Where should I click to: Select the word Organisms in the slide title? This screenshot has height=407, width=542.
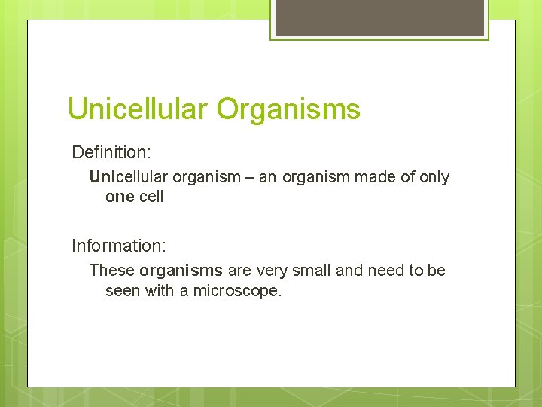289,109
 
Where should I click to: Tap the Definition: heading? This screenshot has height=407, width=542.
111,152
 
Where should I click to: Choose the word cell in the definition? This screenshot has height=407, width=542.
151,197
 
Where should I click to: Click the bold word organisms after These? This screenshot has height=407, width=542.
181,270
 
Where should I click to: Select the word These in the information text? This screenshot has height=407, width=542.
112,270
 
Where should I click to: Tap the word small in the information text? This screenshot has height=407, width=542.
311,270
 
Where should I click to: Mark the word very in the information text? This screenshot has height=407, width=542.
271,270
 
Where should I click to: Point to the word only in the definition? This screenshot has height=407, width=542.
434,177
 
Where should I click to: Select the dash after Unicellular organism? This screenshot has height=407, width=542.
248,177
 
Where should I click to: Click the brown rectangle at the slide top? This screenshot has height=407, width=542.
379,17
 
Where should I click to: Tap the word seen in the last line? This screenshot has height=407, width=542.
122,291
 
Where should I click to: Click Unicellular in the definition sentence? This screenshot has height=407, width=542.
129,177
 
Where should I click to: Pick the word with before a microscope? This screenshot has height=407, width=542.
159,291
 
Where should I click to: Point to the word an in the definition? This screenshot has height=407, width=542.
268,177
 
